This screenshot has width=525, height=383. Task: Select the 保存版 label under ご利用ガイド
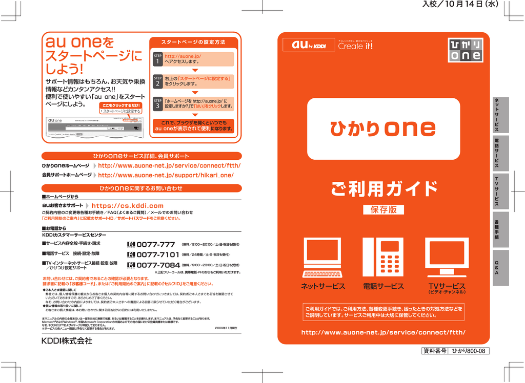383,209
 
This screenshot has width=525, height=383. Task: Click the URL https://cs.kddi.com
127,206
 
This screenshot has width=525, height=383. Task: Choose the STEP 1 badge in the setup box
157,59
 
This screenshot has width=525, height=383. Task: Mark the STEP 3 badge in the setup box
157,104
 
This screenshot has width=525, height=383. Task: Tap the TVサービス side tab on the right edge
496,190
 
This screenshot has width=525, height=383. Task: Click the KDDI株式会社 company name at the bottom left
67,341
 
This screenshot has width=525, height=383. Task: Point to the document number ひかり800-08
470,351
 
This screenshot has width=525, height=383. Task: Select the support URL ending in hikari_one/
166,175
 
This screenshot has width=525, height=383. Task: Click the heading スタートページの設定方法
193,41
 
